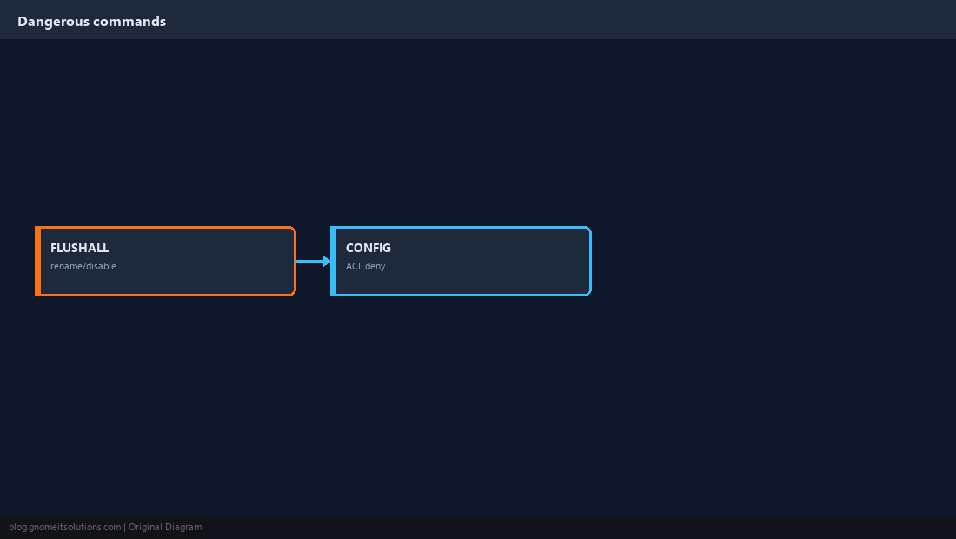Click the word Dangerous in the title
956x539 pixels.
click(x=54, y=22)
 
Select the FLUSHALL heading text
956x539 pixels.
click(x=79, y=248)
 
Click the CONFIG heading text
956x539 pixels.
click(x=368, y=248)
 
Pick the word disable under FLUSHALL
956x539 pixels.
click(x=103, y=266)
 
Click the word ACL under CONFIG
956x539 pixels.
click(x=355, y=266)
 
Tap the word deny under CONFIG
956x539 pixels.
click(x=375, y=266)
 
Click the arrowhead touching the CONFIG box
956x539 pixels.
click(x=328, y=261)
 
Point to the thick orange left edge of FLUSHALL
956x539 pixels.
click(x=37, y=261)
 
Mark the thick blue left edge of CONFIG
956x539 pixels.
click(x=333, y=261)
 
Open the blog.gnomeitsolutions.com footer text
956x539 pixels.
click(x=64, y=528)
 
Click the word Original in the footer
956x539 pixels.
click(x=145, y=528)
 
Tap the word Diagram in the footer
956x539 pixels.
click(x=183, y=528)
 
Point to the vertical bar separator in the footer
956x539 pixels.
click(x=125, y=528)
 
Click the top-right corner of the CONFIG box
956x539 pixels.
click(x=591, y=228)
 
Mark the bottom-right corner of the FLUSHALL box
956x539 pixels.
click(x=295, y=295)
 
